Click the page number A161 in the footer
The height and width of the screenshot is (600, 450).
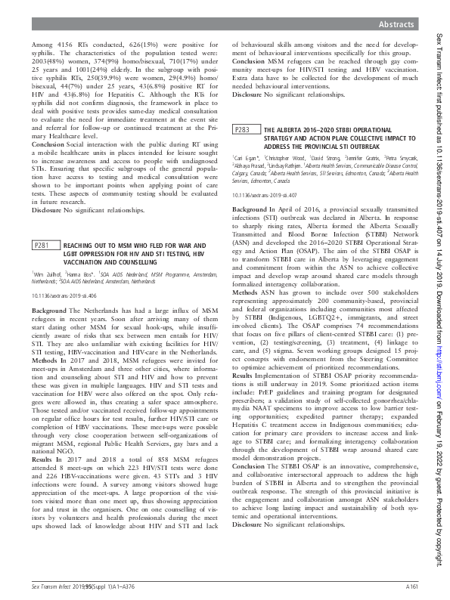pos(412,586)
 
